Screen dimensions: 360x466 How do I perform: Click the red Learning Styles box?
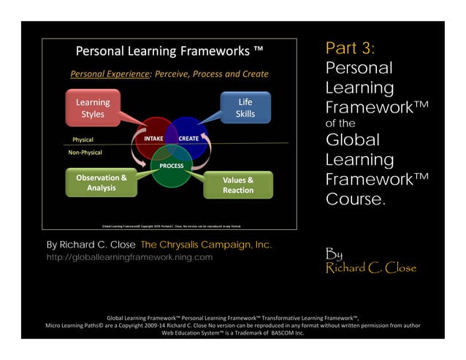coord(93,108)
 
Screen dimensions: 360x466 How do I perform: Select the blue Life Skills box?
coord(245,107)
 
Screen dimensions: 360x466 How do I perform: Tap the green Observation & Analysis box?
coord(102,183)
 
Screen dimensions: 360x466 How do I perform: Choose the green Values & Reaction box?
coord(238,185)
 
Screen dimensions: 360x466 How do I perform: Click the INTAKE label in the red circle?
coord(153,138)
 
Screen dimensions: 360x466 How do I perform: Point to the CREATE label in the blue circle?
coord(189,138)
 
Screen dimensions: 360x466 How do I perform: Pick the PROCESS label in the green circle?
coord(171,166)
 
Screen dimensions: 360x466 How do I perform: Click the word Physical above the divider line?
coord(83,139)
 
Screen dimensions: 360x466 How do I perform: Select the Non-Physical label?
coord(85,153)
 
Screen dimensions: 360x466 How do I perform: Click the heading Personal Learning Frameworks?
coord(170,51)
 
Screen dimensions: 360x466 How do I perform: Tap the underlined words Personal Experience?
coord(106,74)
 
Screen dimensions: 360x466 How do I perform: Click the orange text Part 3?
coord(350,49)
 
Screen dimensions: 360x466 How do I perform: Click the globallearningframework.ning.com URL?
coord(129,257)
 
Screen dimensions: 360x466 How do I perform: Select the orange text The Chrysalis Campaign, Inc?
coord(206,245)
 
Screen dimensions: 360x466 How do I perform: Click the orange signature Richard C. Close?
coord(371,268)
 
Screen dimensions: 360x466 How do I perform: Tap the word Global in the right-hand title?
coord(353,139)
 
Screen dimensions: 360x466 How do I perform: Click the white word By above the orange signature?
coord(333,254)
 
